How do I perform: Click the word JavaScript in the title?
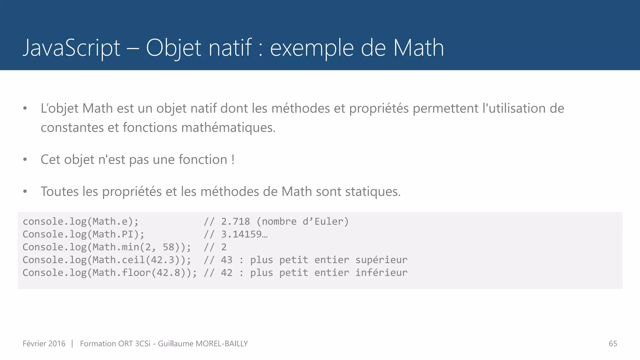click(x=72, y=48)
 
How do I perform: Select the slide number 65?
click(x=613, y=343)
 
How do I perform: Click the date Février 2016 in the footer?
click(x=44, y=343)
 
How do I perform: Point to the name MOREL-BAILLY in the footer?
click(x=222, y=343)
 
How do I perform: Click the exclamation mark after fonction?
click(x=233, y=159)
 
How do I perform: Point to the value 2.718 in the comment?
click(x=235, y=221)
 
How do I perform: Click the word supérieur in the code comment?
click(x=381, y=260)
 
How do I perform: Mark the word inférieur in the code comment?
click(x=381, y=272)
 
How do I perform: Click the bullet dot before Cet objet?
click(x=25, y=160)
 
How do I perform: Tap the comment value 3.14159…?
click(x=244, y=234)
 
